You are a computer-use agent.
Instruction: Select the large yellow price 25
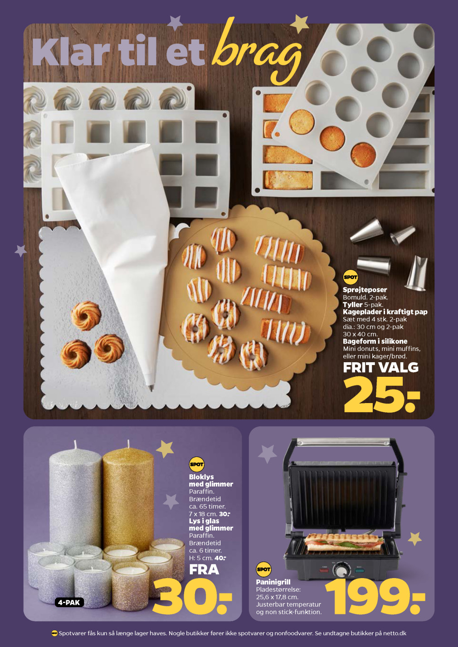click(381, 394)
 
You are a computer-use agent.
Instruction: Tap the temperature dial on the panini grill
click(341, 571)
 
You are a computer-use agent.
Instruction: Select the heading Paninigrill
click(273, 582)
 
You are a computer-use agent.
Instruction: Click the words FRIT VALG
click(380, 367)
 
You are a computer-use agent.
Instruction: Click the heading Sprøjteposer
click(365, 289)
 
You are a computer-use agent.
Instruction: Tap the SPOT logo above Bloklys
click(196, 465)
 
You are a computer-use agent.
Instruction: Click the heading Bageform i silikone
click(375, 341)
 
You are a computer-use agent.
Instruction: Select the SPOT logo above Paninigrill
click(263, 569)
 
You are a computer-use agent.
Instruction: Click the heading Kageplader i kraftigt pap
click(385, 312)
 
